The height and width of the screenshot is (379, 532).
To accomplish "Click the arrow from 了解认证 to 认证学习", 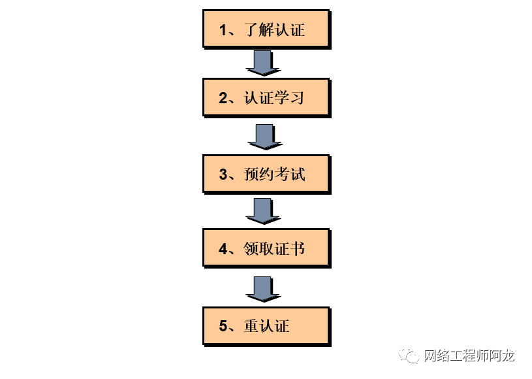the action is click(x=263, y=63).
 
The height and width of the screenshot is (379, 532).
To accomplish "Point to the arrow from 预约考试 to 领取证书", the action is click(x=263, y=210).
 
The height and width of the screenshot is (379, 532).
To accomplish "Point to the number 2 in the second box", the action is click(x=223, y=99).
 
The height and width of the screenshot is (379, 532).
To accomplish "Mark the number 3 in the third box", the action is click(x=223, y=174).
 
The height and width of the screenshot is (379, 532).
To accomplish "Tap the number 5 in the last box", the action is click(x=223, y=326).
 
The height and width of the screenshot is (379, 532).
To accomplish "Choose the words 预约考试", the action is click(x=274, y=174).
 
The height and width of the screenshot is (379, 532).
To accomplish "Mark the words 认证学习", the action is click(x=274, y=99).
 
